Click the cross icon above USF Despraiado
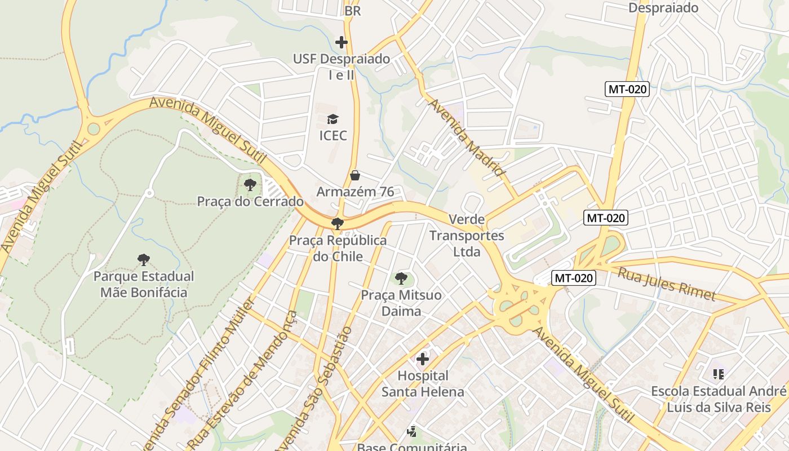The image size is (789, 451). [341, 42]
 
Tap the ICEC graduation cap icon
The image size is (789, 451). [333, 120]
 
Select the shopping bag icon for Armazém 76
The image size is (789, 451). [355, 175]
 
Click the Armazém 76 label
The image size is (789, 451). [355, 192]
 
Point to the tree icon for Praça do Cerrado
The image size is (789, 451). [250, 184]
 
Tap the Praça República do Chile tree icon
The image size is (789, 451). [338, 224]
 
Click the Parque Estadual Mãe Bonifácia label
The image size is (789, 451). [144, 285]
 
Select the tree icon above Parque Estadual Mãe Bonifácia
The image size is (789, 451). [144, 260]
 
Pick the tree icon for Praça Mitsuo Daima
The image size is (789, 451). [401, 278]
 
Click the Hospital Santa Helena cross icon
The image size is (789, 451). [423, 359]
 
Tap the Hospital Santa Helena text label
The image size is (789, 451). [423, 383]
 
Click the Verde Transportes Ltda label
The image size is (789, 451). [467, 236]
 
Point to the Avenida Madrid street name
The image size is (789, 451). [466, 138]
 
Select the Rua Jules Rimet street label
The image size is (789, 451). [667, 284]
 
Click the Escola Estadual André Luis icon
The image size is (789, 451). [718, 374]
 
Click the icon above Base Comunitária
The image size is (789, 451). [412, 432]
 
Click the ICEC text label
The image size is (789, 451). [333, 136]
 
